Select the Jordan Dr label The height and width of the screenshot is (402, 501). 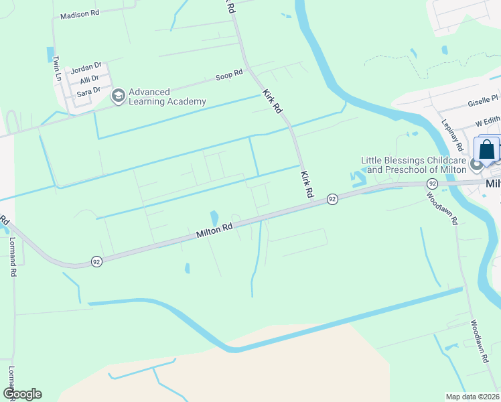(86, 68)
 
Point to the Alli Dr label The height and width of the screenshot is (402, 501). (90, 79)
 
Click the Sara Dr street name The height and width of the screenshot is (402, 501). (88, 90)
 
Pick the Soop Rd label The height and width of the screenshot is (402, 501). (228, 76)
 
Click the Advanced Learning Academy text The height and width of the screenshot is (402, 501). (167, 97)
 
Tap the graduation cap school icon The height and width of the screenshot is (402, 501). (118, 97)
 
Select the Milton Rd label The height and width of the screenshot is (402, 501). (214, 232)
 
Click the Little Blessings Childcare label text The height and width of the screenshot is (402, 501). (414, 161)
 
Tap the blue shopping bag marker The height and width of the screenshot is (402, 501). (487, 149)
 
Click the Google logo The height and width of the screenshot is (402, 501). (22, 394)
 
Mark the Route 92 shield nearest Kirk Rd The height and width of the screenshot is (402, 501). (332, 199)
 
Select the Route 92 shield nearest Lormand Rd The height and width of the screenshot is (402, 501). (97, 261)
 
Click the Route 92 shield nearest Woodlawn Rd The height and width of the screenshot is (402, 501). (432, 184)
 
